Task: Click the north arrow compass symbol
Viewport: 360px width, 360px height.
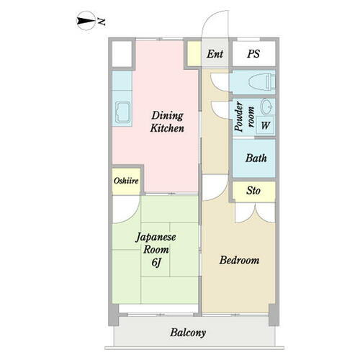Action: [86, 21]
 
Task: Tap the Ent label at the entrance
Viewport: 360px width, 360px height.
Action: [215, 54]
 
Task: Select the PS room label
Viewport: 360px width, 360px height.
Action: [253, 53]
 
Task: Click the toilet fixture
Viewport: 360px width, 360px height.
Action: [261, 81]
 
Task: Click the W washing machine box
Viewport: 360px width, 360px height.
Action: [266, 125]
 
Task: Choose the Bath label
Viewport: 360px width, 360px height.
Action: [256, 158]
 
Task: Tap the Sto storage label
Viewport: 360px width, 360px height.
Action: [253, 191]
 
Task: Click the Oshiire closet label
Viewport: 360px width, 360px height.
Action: [126, 181]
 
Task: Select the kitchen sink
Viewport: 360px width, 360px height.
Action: [122, 112]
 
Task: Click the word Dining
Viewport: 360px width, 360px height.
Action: [168, 116]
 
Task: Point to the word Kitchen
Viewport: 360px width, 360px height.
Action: [167, 128]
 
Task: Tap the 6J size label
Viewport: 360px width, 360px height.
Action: [156, 262]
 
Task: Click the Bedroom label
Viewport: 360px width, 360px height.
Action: [239, 261]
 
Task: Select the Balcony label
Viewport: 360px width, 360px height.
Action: [188, 333]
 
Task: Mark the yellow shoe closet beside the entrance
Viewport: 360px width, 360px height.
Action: [194, 53]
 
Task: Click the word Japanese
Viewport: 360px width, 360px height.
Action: [156, 238]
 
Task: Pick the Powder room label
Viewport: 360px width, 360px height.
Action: [244, 117]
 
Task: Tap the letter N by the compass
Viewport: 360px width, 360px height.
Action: [102, 22]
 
